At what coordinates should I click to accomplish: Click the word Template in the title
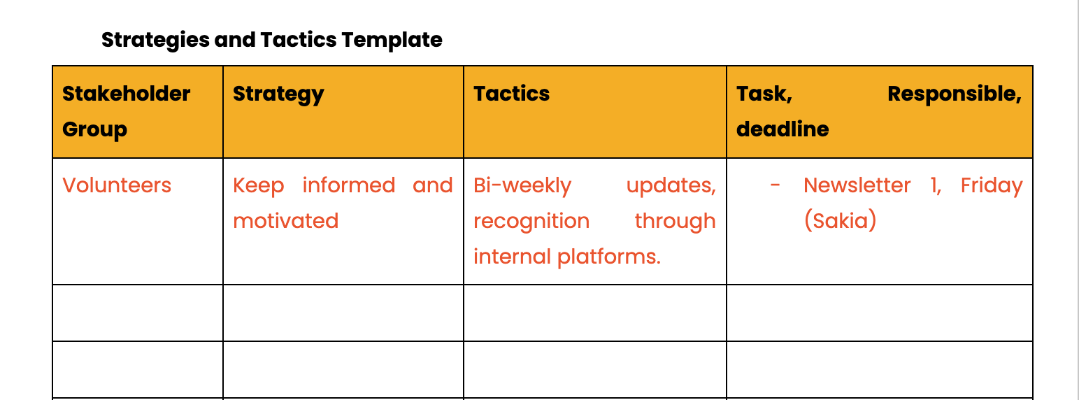(392, 40)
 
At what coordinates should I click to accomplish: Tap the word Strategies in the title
(155, 40)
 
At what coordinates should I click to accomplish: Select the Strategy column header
(278, 94)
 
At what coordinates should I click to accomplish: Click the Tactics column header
(512, 94)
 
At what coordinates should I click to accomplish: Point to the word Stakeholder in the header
(126, 94)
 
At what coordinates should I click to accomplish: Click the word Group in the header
(95, 129)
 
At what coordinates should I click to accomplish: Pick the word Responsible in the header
(955, 94)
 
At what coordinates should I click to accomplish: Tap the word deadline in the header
(783, 129)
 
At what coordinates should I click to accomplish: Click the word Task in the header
(764, 94)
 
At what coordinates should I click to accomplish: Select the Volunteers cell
(117, 185)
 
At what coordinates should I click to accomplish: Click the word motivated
(286, 221)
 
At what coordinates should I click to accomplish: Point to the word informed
(349, 185)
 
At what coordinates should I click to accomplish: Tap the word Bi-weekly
(522, 185)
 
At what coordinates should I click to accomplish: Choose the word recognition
(531, 222)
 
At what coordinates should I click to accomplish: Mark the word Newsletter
(857, 185)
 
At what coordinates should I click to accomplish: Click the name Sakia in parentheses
(840, 221)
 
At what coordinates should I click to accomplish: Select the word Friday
(992, 186)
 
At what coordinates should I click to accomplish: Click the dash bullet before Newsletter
(775, 185)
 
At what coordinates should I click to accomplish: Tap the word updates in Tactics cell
(671, 186)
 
